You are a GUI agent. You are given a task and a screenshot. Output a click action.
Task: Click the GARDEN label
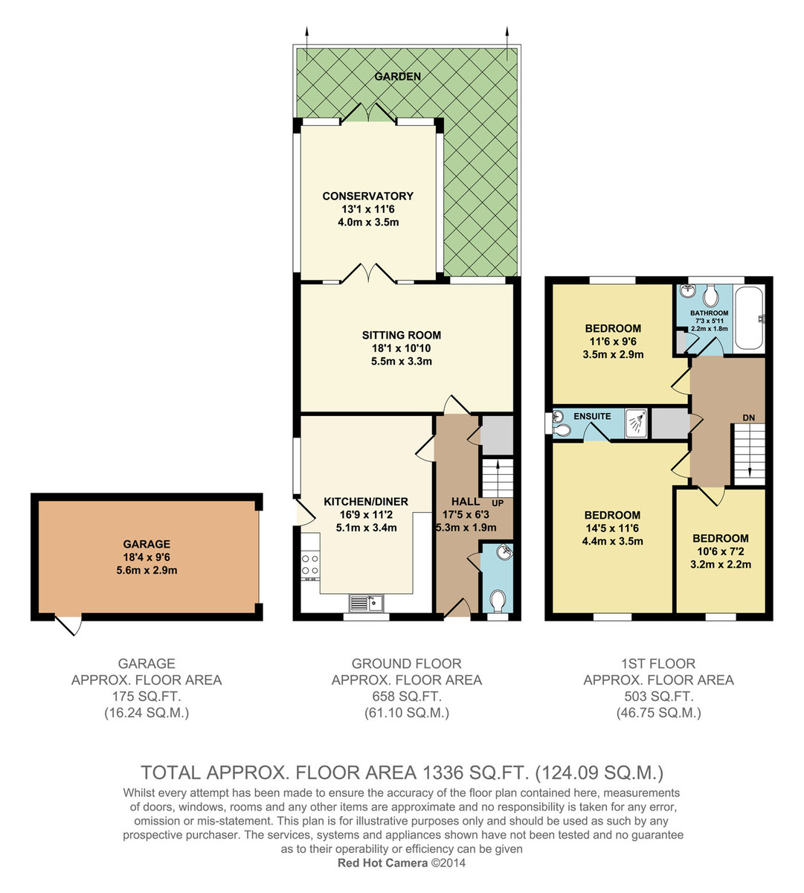point(397,77)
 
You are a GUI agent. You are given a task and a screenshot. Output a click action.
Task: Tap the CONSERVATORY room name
point(368,196)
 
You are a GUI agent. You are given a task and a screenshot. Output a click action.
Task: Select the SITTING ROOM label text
point(402,335)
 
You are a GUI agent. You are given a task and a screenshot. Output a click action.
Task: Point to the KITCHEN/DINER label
point(366,502)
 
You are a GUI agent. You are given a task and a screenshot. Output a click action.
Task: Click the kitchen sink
point(367,604)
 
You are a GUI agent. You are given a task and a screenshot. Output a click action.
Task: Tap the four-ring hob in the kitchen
point(310,566)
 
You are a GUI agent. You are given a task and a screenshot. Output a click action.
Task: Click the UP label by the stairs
point(498,503)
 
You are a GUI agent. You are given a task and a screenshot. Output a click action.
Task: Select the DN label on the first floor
point(749,417)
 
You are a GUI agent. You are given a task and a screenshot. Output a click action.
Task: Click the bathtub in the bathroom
point(749,319)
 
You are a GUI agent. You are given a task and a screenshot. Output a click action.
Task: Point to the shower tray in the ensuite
point(636,423)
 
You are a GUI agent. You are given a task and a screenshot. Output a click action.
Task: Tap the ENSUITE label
point(592,416)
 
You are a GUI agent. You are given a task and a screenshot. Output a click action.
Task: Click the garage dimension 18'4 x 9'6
point(147,557)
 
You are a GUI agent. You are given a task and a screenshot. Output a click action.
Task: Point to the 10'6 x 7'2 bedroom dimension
point(721,551)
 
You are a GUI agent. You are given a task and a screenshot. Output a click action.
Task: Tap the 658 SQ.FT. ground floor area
point(407,697)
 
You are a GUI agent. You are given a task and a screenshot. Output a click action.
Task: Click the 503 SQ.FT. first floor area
point(658,697)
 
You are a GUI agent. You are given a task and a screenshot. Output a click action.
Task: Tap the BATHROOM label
point(710,313)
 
